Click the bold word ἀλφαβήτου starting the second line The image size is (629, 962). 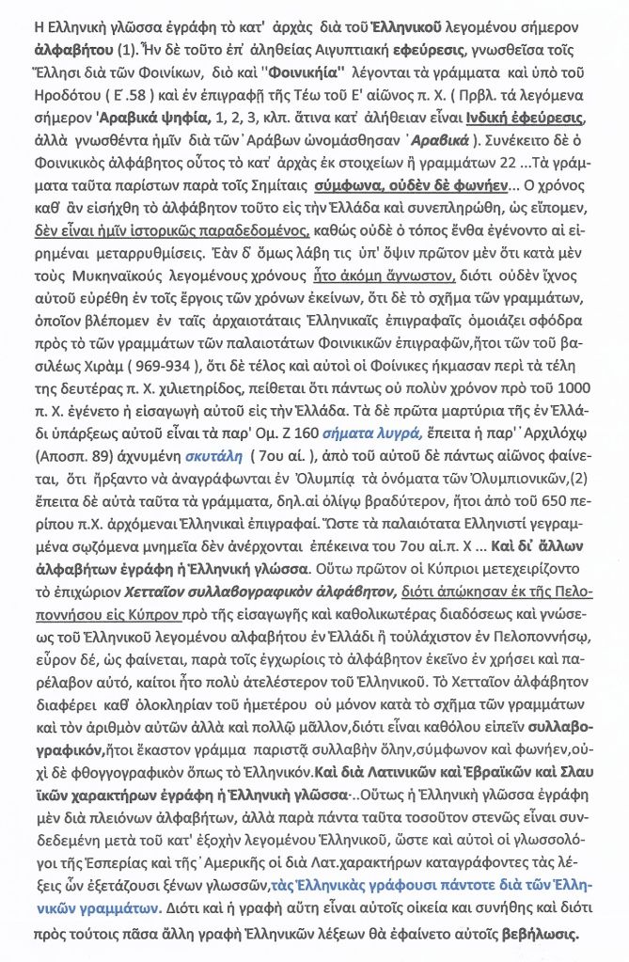point(59,44)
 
